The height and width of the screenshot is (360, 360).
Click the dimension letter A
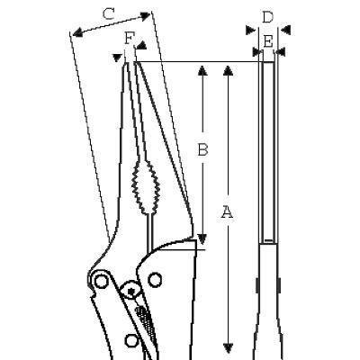[x=227, y=212]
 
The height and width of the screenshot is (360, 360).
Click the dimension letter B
[x=202, y=149]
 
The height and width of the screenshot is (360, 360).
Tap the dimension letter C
[x=108, y=14]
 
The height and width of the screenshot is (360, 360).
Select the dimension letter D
[x=267, y=17]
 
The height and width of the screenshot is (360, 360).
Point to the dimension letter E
[x=268, y=41]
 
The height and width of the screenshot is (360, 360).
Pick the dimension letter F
[x=129, y=38]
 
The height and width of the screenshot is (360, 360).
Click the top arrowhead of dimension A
[x=229, y=71]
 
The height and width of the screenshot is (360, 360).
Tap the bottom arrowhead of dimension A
[x=229, y=347]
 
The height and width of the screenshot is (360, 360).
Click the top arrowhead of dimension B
[x=202, y=71]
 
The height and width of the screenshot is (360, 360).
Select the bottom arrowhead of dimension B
[x=202, y=239]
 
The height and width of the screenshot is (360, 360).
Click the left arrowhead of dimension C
[x=77, y=32]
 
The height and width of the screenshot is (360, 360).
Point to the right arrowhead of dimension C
[x=145, y=16]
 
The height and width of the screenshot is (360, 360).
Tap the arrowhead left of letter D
[x=250, y=30]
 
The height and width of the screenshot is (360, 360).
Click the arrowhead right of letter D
[x=286, y=30]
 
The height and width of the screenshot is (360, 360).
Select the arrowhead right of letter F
[x=141, y=45]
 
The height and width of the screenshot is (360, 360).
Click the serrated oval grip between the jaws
[x=145, y=187]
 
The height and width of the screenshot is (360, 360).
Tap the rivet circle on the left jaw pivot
[x=102, y=281]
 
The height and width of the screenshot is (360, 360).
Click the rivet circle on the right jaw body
[x=155, y=280]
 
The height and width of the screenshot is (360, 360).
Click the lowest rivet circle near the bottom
[x=131, y=340]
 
